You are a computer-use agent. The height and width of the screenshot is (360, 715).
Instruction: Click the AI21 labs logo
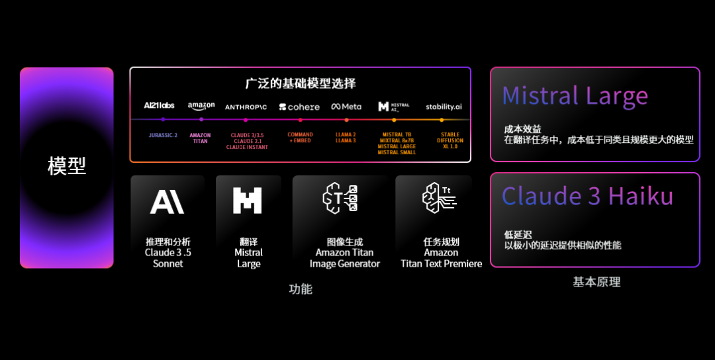tap(159, 106)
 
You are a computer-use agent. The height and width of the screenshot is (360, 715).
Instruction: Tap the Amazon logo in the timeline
tap(201, 106)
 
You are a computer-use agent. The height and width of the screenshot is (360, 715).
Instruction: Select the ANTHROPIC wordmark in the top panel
tap(246, 107)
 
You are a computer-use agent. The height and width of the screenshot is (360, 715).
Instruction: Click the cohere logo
tap(299, 107)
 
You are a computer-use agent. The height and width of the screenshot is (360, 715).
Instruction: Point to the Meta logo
tap(346, 107)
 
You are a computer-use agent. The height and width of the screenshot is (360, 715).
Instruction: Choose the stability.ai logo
tap(444, 107)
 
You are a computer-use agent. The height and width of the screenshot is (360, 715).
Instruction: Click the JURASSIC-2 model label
tap(163, 135)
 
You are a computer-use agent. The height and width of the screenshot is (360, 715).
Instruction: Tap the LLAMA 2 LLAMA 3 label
tap(346, 138)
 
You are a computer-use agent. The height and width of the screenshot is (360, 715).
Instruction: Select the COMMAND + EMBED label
tap(300, 138)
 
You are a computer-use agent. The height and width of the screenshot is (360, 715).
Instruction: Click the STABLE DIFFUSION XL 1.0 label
tap(450, 140)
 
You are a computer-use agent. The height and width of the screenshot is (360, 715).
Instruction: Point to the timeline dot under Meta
tap(346, 120)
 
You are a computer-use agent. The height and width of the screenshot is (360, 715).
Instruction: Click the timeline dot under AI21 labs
tap(163, 120)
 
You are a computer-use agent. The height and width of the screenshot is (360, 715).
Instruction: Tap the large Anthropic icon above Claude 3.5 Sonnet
tap(167, 201)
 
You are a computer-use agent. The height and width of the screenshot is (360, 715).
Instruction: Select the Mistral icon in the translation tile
tap(248, 201)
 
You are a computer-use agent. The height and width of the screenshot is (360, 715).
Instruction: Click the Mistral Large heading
tap(575, 96)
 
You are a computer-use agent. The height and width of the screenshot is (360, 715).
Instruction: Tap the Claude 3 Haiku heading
tap(587, 197)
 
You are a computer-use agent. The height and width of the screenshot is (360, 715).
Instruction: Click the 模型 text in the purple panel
tap(67, 166)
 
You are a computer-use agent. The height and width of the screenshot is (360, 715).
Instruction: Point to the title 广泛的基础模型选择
tap(300, 83)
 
